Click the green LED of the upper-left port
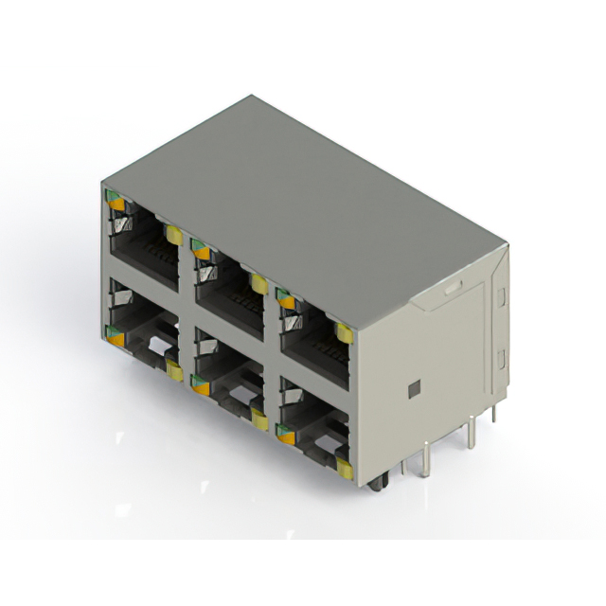pyautogui.click(x=115, y=200)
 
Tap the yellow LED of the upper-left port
pyautogui.click(x=174, y=234)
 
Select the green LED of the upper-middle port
pyautogui.click(x=199, y=249)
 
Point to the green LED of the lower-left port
pyautogui.click(x=115, y=332)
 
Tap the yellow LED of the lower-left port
pyautogui.click(x=173, y=368)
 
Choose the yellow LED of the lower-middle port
pyautogui.click(x=258, y=419)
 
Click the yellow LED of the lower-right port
pyautogui.click(x=345, y=469)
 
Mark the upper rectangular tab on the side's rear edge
pyautogui.click(x=501, y=299)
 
